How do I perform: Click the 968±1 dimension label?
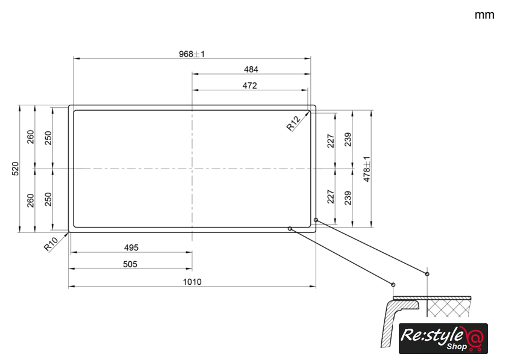click(x=192, y=54)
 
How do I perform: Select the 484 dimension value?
click(x=251, y=69)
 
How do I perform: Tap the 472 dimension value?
click(x=250, y=85)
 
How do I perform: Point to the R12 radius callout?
click(x=293, y=123)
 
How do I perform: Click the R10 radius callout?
click(x=51, y=244)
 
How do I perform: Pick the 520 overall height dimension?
click(x=15, y=169)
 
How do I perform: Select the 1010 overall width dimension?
click(x=192, y=282)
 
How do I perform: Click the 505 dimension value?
click(x=130, y=264)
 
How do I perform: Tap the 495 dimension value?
click(x=131, y=248)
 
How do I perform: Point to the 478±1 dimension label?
click(x=367, y=169)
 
